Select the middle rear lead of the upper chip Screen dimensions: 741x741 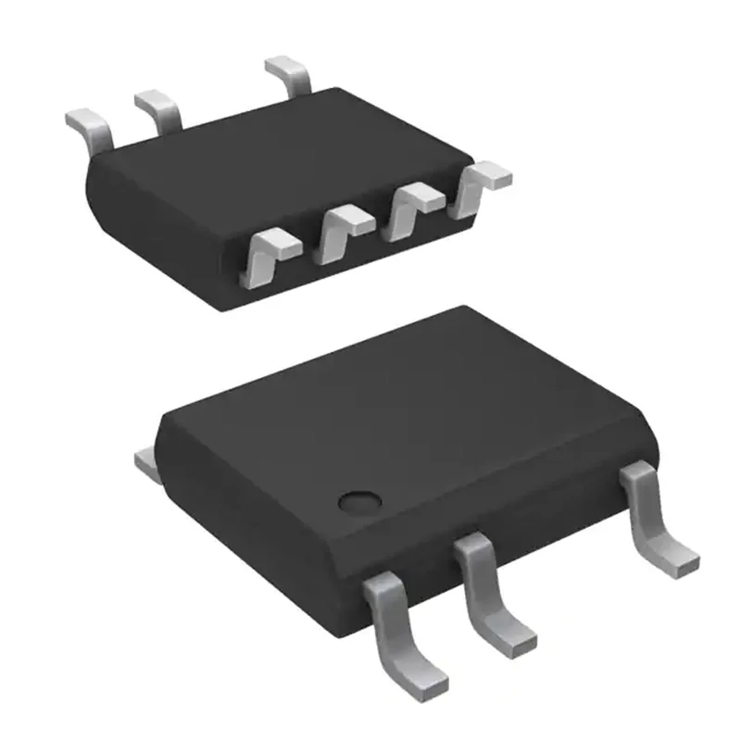pyautogui.click(x=159, y=107)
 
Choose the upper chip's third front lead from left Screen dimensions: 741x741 pyautogui.click(x=414, y=209)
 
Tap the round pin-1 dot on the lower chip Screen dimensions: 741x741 pyautogui.click(x=358, y=502)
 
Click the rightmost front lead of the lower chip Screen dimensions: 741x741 pyautogui.click(x=648, y=509)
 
